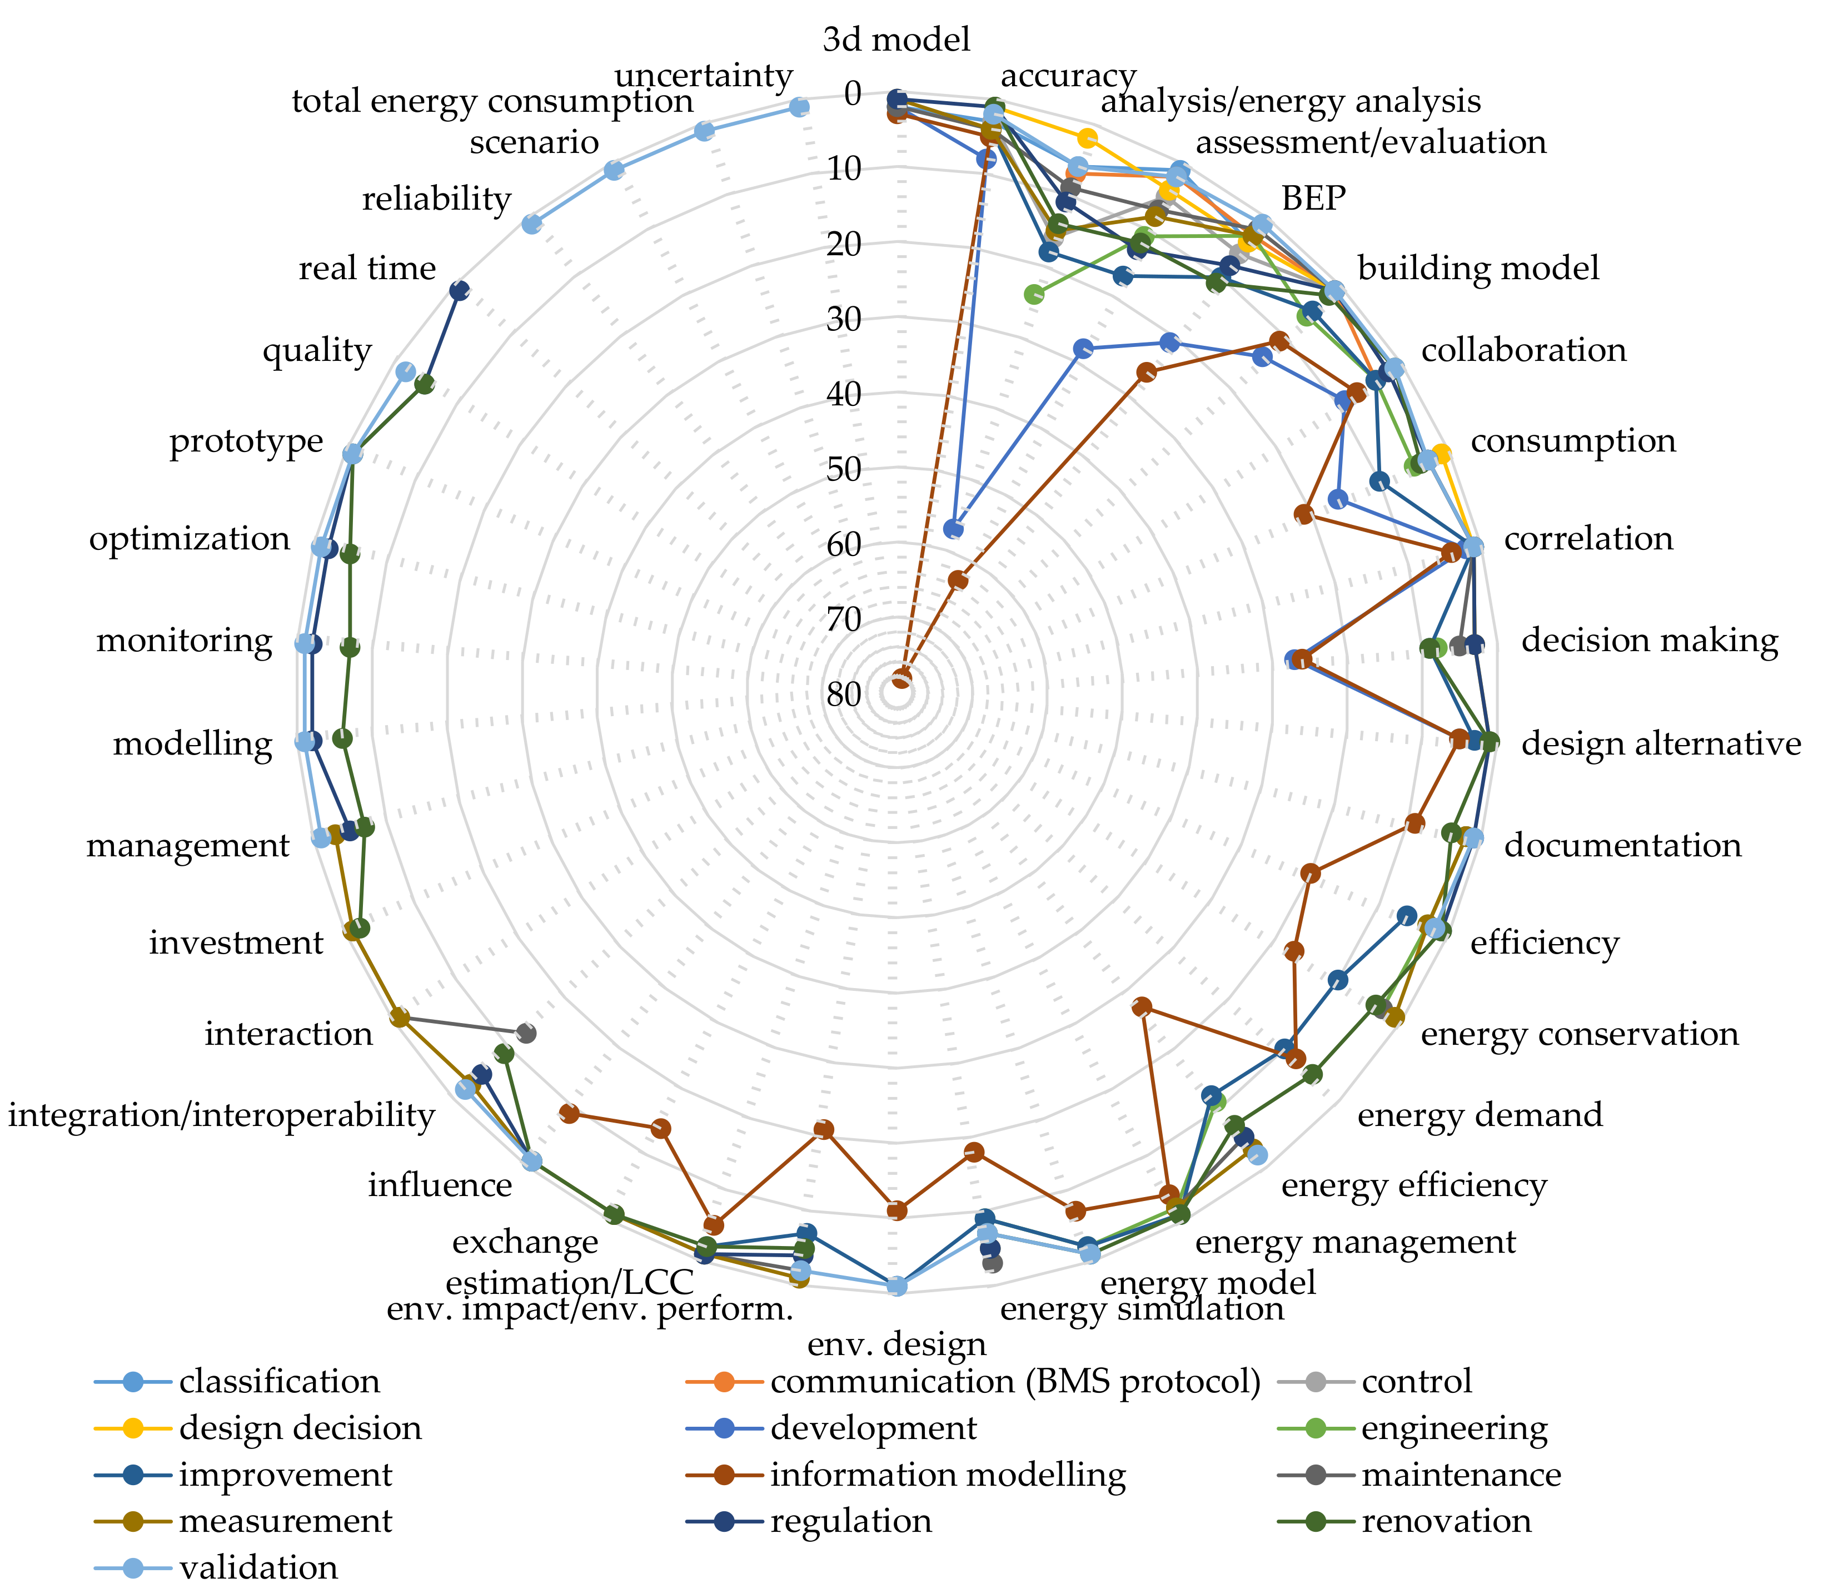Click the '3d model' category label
coord(896,40)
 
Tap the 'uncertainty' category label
coord(703,76)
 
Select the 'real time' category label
coord(367,269)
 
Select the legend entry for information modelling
coord(947,1475)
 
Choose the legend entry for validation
coord(258,1568)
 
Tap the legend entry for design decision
coord(300,1428)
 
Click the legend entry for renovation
coord(1446,1521)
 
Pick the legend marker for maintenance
coord(1315,1475)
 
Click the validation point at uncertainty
coord(799,107)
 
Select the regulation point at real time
coord(459,290)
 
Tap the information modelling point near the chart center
coord(901,680)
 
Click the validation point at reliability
coord(531,224)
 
